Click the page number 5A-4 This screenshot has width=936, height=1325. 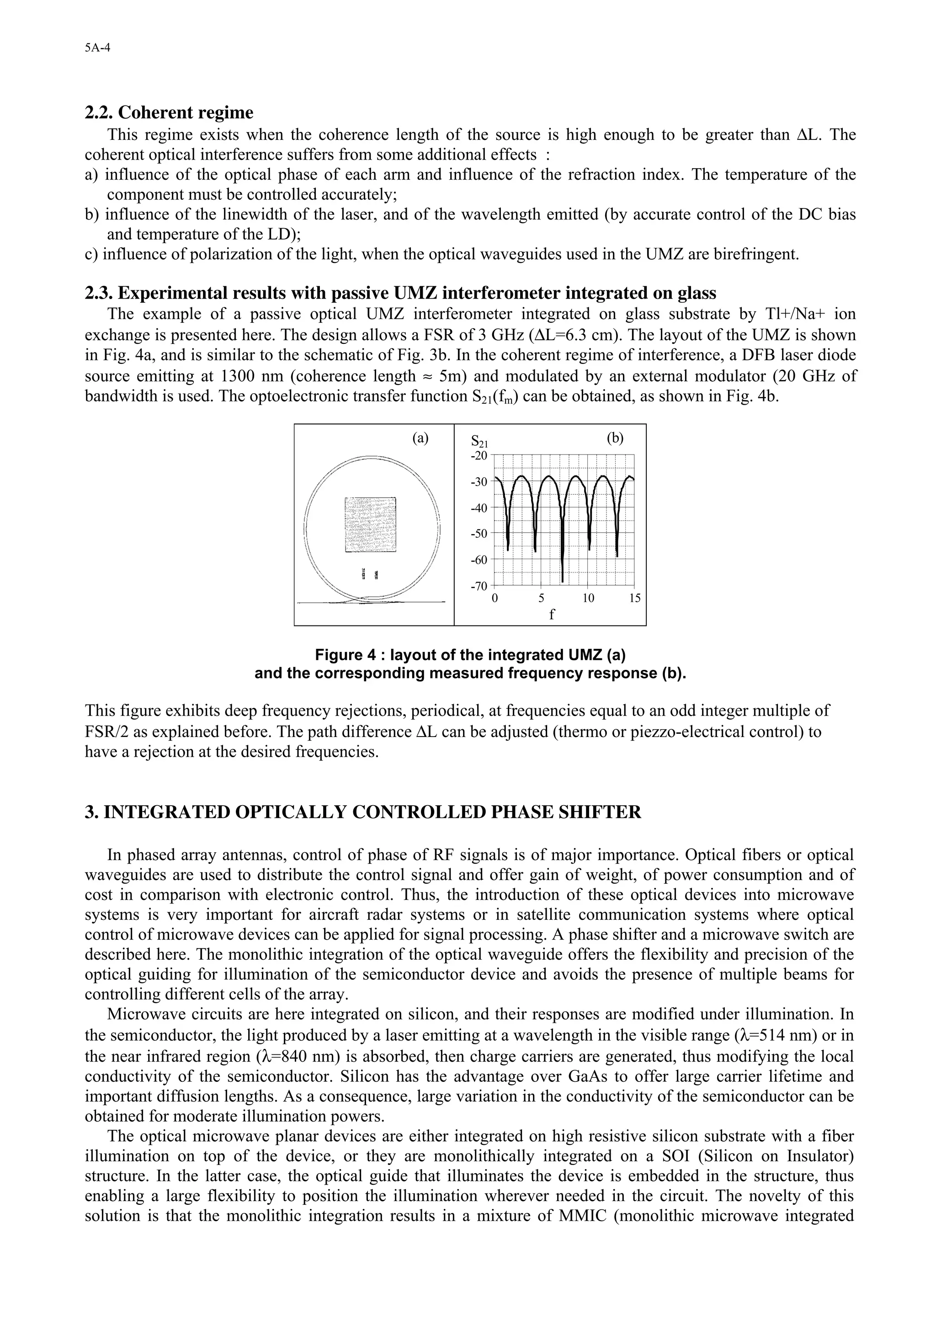(97, 48)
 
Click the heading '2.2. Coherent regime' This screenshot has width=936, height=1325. (169, 112)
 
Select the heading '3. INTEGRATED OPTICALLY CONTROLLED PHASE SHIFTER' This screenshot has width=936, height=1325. (363, 812)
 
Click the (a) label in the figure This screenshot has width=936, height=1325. (420, 438)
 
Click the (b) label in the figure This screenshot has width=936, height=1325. (615, 438)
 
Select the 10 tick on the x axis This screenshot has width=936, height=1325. (588, 598)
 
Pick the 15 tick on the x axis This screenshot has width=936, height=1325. (634, 598)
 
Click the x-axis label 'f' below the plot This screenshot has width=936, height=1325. (551, 614)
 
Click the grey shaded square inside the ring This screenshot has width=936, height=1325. (370, 524)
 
